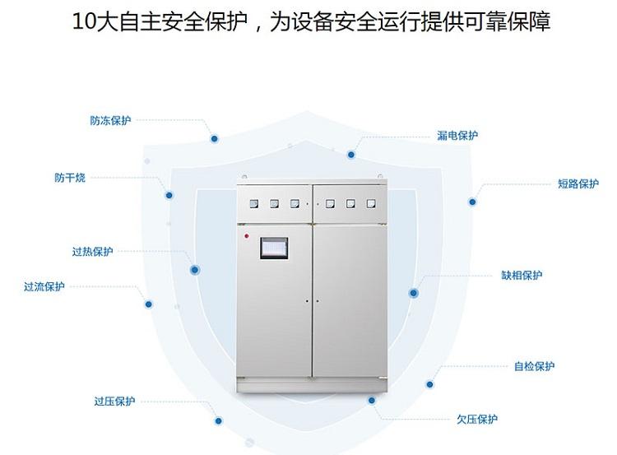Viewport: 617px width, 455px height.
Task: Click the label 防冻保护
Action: click(x=110, y=120)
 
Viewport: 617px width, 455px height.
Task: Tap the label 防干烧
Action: click(x=70, y=178)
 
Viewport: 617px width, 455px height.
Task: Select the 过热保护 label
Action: click(x=92, y=252)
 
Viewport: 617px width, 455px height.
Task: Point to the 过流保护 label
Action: click(x=44, y=287)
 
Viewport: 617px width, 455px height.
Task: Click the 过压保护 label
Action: click(x=114, y=402)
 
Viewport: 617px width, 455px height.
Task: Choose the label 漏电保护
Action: click(x=457, y=136)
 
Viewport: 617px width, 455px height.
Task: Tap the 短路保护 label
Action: click(x=578, y=183)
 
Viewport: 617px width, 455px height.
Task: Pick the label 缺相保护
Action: click(x=522, y=276)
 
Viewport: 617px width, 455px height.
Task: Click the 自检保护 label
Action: click(x=535, y=366)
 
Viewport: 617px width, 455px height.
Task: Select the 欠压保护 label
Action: click(x=477, y=419)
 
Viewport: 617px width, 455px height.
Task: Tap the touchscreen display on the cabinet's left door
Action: click(x=272, y=248)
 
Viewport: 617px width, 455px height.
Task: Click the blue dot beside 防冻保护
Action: click(x=214, y=139)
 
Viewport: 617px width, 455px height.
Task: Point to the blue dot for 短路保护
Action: click(x=472, y=202)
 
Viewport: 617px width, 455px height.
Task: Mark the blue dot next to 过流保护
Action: click(x=149, y=304)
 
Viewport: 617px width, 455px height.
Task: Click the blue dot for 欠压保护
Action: click(x=372, y=401)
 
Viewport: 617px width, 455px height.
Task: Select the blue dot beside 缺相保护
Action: click(x=413, y=293)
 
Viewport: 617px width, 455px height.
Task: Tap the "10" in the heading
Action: click(x=83, y=22)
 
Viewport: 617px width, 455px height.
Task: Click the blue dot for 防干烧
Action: click(x=169, y=196)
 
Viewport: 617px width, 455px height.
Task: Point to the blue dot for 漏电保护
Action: click(x=350, y=154)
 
